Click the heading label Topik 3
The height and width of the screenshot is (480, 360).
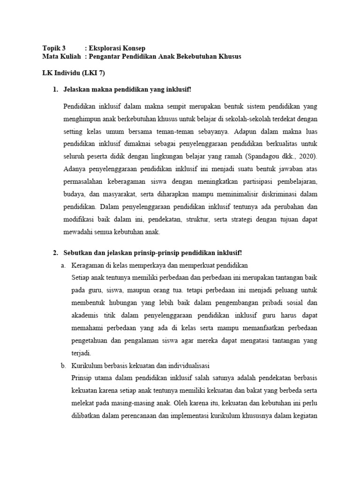(x=54, y=48)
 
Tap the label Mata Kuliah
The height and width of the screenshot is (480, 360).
(x=61, y=57)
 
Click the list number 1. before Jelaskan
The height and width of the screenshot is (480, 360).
(x=55, y=90)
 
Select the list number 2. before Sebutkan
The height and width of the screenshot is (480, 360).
(x=55, y=253)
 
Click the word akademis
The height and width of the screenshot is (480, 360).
(x=83, y=315)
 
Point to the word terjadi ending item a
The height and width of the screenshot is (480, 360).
(x=80, y=353)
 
